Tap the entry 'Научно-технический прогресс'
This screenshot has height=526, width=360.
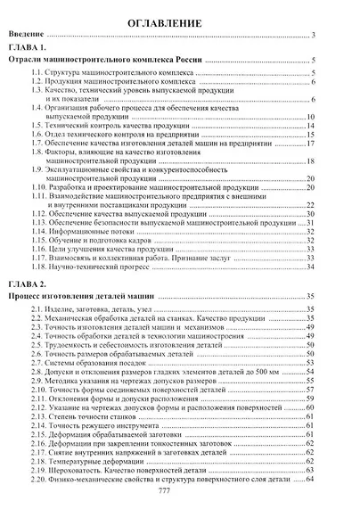(x=95, y=267)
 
